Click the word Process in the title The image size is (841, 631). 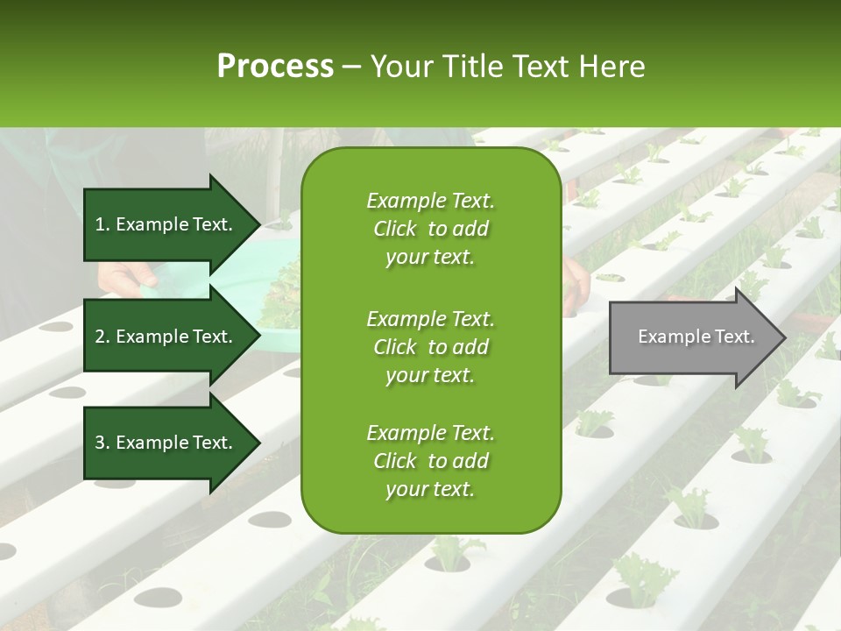click(276, 66)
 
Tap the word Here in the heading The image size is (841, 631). click(611, 66)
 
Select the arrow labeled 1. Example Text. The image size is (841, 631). click(172, 224)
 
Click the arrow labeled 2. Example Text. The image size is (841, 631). click(172, 336)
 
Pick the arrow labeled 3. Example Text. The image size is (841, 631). click(172, 442)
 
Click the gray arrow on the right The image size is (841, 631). click(697, 337)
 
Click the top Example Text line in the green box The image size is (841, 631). click(431, 201)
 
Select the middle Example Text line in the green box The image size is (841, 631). click(431, 319)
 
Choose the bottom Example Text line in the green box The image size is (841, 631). click(431, 433)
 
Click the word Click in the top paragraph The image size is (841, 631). click(395, 229)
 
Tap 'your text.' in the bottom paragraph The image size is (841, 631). click(430, 489)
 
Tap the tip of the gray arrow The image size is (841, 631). click(786, 337)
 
